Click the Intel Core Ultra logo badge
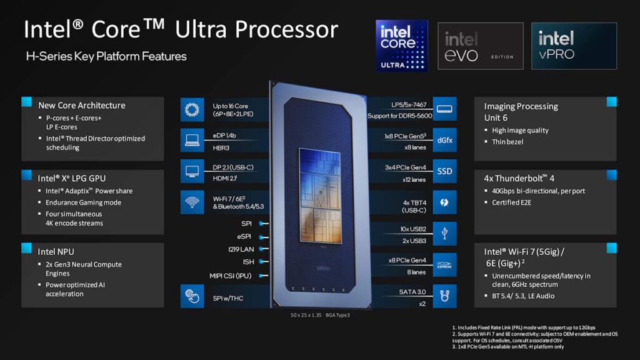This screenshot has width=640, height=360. click(401, 45)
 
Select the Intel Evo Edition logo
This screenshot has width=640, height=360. click(480, 46)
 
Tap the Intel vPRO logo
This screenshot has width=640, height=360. click(574, 46)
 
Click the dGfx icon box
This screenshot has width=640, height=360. click(444, 140)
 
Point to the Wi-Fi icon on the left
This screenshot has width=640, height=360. click(191, 202)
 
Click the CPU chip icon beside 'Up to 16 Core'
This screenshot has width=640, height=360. click(191, 109)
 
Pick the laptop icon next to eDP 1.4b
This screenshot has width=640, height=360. click(191, 140)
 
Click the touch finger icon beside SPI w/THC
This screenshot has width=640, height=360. click(191, 296)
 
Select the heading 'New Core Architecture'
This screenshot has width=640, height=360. click(81, 106)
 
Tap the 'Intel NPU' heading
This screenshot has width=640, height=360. click(56, 251)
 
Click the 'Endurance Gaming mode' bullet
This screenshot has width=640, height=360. click(83, 202)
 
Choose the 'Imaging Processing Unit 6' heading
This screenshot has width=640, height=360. click(521, 112)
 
